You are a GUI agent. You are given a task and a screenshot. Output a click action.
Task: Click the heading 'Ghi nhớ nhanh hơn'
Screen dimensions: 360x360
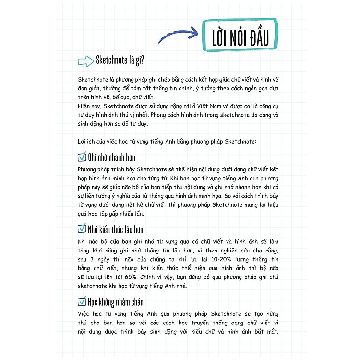point(111,157)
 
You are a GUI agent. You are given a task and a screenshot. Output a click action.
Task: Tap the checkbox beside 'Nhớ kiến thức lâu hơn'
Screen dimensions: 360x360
point(81,228)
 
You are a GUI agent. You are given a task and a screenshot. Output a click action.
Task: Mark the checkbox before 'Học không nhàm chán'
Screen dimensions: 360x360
point(81,301)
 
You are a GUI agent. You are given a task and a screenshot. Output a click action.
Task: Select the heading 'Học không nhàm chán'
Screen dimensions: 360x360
point(116,302)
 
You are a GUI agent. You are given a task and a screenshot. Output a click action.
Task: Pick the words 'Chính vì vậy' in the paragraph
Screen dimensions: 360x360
point(171,277)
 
